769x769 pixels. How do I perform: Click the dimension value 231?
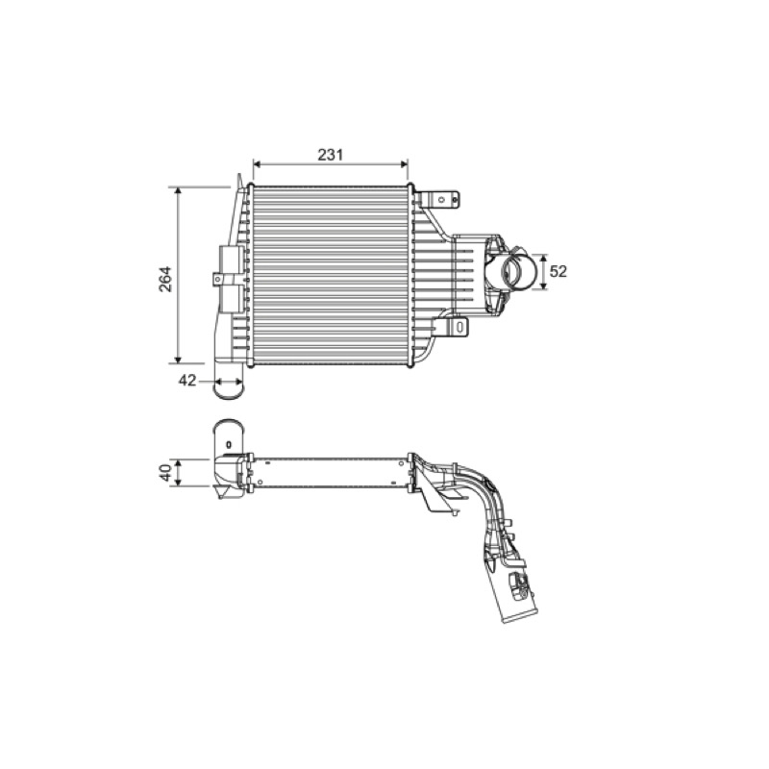(x=330, y=155)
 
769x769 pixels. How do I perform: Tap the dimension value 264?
(x=165, y=279)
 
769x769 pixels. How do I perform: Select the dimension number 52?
(x=558, y=271)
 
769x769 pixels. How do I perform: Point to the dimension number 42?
(x=186, y=380)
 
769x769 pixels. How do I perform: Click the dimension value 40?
(x=166, y=473)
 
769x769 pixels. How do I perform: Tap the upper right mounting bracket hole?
(x=441, y=199)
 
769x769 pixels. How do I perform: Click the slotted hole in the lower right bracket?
(x=460, y=326)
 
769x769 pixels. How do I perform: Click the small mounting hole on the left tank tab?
(x=218, y=279)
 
